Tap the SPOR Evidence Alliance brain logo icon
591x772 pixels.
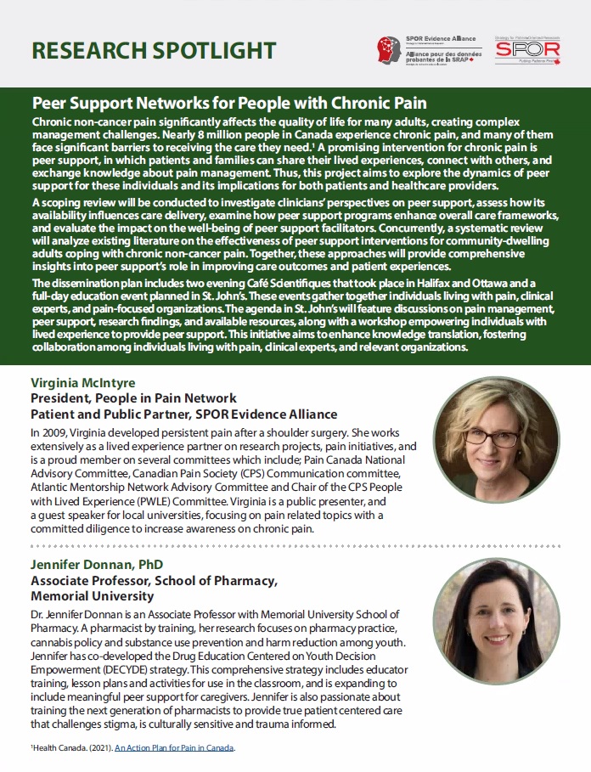[391, 49]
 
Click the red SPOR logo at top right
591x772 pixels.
[515, 50]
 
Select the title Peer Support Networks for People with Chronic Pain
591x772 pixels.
[228, 104]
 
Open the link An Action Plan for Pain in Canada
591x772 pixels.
[174, 748]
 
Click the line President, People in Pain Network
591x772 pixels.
[133, 398]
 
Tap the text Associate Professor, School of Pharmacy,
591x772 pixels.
[154, 581]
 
